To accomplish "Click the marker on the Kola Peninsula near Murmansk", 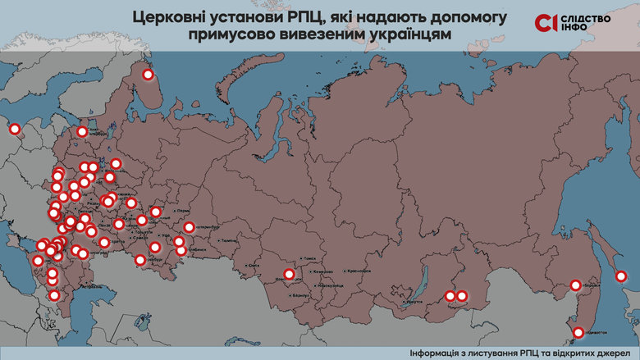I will pos(149,75).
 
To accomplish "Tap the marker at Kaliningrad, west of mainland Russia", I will pos(14,128).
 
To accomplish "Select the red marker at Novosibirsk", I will pos(289,275).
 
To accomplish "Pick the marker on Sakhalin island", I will pos(621,276).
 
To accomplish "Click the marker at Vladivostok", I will pos(578,332).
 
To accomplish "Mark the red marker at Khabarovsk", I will pos(576,285).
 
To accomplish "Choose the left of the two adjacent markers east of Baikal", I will pos(450,296).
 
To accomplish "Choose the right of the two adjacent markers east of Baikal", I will pos(462,296).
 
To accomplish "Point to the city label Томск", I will pos(309,257).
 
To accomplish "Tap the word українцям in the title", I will pos(405,35).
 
